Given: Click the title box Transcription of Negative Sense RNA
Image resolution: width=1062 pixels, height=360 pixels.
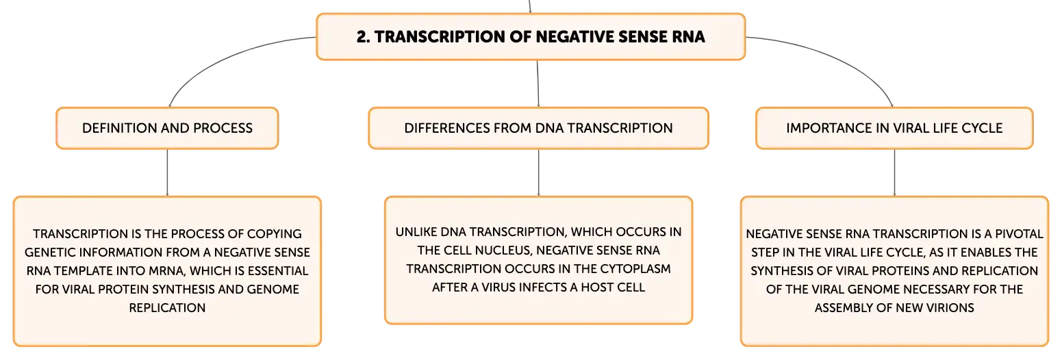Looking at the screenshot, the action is (x=531, y=36).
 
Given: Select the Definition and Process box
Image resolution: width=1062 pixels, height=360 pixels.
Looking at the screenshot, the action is (x=167, y=128).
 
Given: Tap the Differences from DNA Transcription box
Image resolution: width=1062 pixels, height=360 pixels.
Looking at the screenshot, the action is (x=538, y=128).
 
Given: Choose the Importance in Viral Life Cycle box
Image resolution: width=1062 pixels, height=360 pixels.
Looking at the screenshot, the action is (x=894, y=128).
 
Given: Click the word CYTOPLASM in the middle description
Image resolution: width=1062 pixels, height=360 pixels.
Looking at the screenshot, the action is (x=635, y=269).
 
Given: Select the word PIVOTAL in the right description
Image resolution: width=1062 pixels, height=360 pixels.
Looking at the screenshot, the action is (x=1018, y=234).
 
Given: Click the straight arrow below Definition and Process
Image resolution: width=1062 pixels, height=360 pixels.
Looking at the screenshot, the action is (x=167, y=172).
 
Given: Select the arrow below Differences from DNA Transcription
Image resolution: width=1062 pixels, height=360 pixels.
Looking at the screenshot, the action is (x=538, y=172).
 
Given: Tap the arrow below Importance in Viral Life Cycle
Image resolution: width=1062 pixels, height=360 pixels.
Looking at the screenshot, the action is (x=894, y=172).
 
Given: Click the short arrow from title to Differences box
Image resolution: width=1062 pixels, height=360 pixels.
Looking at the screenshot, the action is (x=538, y=84).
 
